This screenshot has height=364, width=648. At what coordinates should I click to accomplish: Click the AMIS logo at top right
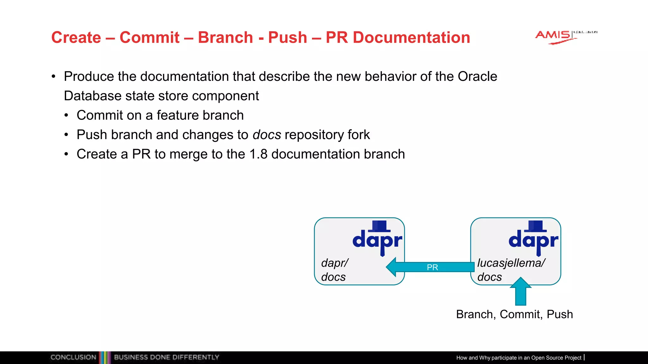pos(557,37)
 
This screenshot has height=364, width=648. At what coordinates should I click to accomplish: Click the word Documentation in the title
pos(411,38)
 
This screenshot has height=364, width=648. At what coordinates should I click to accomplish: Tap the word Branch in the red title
pos(225,38)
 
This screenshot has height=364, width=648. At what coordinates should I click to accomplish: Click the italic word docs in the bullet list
pos(267,135)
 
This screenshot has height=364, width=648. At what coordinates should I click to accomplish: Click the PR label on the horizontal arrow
pos(432,267)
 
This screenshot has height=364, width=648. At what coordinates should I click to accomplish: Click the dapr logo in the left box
pos(377,239)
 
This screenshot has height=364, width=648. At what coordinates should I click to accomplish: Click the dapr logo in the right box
pos(533,239)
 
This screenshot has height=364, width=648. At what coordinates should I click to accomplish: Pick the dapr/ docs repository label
pos(334,270)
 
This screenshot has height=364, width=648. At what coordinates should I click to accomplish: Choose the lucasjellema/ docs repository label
pos(511,270)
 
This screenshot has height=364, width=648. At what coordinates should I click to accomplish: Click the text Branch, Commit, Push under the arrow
pos(514,314)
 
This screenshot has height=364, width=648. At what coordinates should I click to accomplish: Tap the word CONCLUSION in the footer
pos(73,357)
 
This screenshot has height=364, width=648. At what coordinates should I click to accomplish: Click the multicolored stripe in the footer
pos(105,357)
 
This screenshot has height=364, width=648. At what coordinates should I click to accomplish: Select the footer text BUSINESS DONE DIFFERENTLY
pos(166,357)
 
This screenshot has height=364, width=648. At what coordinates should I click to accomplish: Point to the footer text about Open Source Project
pos(519,358)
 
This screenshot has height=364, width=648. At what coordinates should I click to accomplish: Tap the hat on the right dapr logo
pos(535,226)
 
